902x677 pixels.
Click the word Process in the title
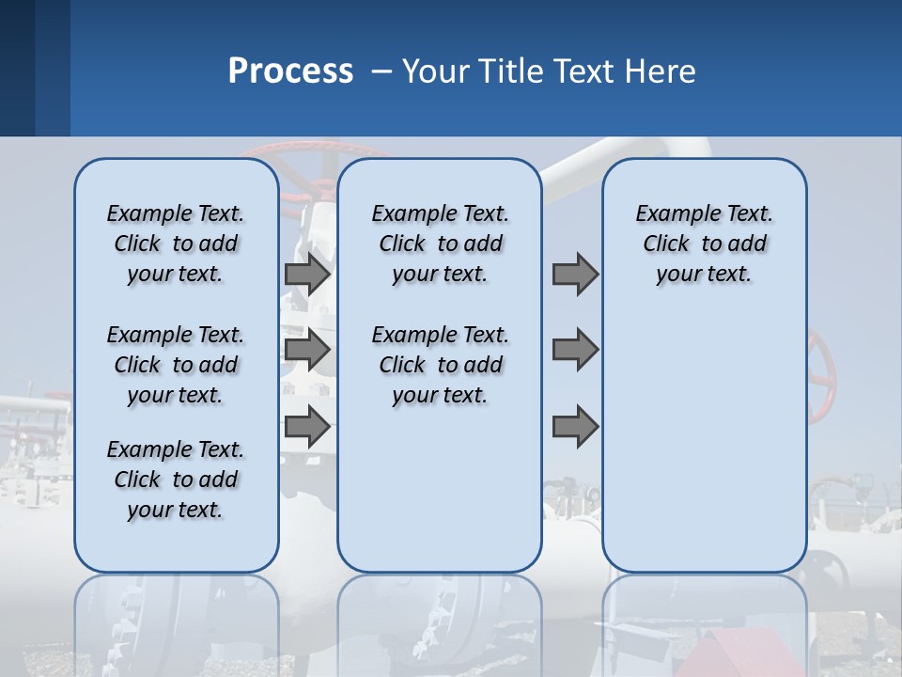click(x=290, y=71)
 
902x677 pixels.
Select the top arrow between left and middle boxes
click(x=307, y=275)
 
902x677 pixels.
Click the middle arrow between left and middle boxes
click(x=307, y=351)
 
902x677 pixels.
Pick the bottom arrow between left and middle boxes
click(x=307, y=427)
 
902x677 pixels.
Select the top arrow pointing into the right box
click(x=575, y=275)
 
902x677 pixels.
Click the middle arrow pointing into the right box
click(x=575, y=351)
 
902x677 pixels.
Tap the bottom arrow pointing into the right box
click(x=575, y=427)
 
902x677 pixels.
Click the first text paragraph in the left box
click(x=176, y=244)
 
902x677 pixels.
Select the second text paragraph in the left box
click(x=176, y=365)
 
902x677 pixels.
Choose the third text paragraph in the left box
click(x=176, y=480)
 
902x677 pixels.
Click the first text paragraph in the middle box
click(x=440, y=244)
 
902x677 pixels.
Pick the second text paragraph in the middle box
click(x=440, y=365)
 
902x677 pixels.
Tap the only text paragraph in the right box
click(x=704, y=244)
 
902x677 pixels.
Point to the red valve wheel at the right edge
click(x=822, y=376)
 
